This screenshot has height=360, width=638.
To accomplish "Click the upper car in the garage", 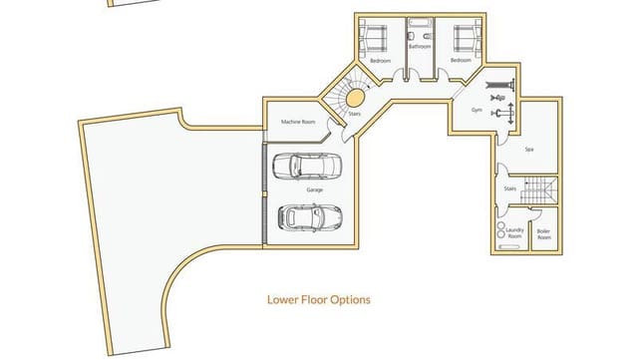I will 306,167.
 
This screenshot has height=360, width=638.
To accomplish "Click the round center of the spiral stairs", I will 354,99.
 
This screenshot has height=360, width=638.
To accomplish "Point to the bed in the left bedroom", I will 375,38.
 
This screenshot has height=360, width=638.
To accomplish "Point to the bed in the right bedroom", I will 464,38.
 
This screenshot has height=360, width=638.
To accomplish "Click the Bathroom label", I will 420,47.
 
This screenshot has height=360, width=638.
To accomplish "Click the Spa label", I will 529,149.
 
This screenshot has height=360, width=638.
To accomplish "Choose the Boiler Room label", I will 544,235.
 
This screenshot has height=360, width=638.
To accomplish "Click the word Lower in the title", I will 285,299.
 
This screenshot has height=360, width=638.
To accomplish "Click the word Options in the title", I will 350,299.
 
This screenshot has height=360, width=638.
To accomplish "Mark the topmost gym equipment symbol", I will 499,83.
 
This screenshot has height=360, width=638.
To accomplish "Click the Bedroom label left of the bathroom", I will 380,61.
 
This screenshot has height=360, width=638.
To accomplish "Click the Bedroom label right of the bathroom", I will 460,61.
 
